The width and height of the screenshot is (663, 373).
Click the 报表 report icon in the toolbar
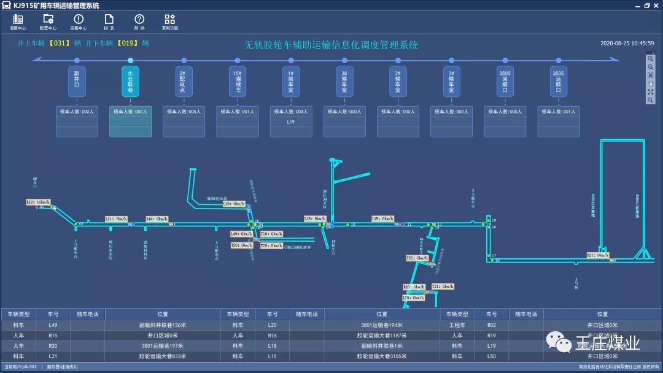109,20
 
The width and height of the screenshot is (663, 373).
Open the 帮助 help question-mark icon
139,20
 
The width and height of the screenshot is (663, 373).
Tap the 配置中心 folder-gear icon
48,20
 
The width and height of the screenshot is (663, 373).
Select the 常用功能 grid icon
170,20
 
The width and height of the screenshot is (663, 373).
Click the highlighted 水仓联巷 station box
130,82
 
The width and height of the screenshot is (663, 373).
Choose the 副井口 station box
77,82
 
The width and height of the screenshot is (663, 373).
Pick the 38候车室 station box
344,82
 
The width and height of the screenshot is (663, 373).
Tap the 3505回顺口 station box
505,82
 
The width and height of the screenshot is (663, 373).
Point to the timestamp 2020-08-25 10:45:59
627,44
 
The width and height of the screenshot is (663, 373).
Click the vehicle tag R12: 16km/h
37,202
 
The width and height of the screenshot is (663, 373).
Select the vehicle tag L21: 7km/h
116,218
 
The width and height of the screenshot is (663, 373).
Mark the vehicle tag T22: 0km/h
417,258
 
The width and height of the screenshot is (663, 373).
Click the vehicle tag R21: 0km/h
597,255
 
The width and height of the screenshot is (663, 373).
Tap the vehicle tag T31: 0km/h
443,286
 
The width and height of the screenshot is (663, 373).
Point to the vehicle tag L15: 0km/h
382,218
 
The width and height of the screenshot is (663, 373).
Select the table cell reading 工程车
457,325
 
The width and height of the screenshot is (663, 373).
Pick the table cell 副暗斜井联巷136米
162,325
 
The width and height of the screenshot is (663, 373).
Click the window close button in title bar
656,6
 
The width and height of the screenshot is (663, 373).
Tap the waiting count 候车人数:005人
184,112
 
